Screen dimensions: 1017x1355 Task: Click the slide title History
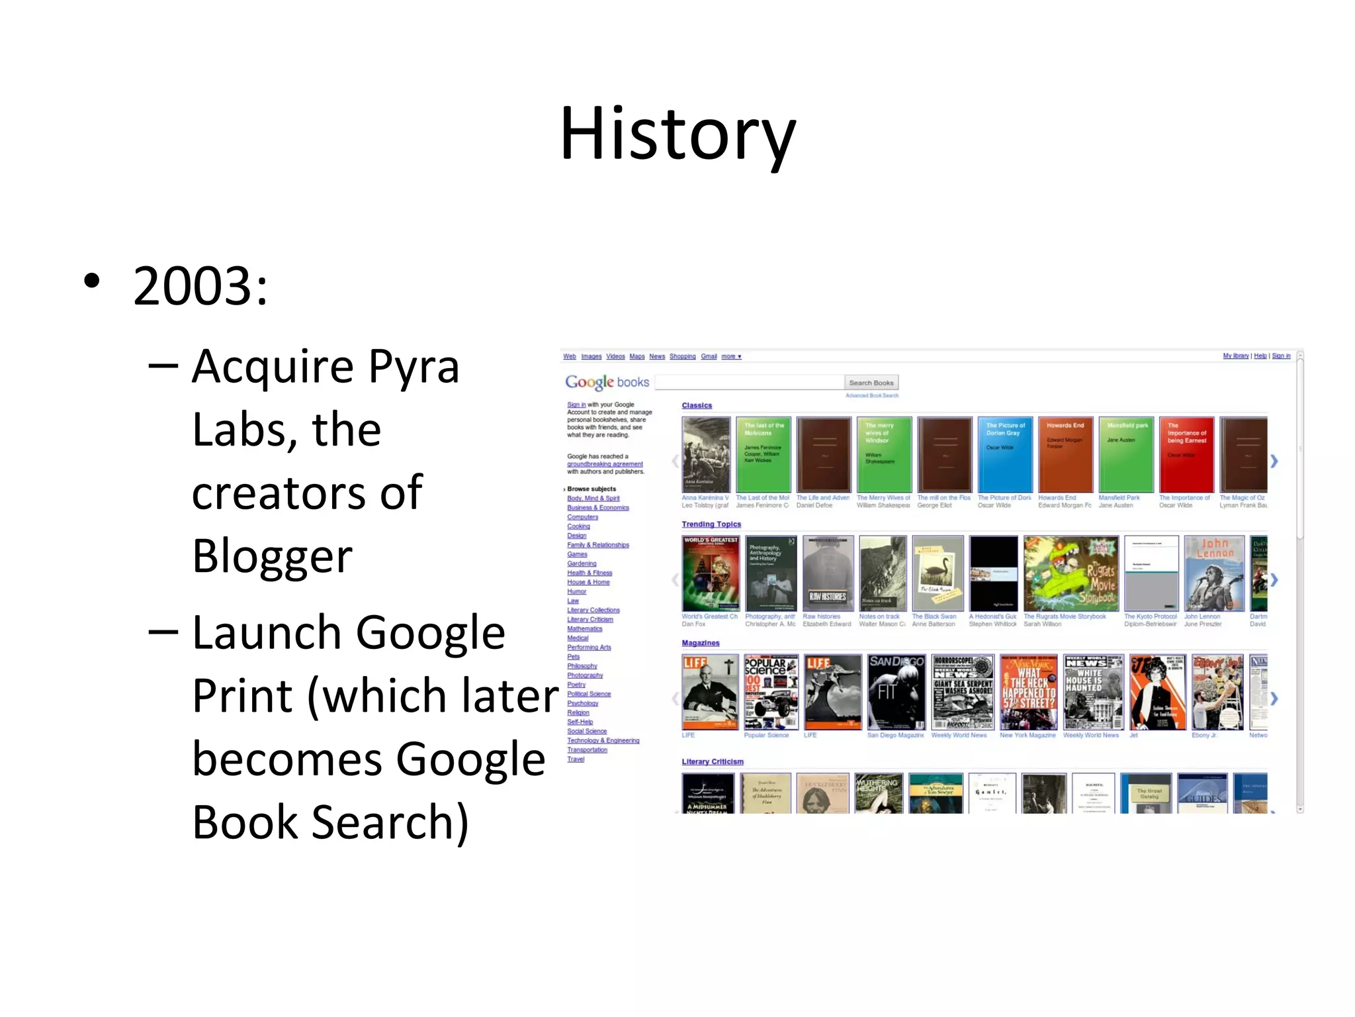(x=677, y=134)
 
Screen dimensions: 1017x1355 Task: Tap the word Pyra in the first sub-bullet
(x=414, y=366)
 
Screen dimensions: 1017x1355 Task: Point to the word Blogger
(x=272, y=556)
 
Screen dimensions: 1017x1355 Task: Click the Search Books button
(x=871, y=383)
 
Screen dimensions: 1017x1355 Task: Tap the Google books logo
(x=607, y=382)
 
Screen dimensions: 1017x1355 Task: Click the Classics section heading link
(x=697, y=405)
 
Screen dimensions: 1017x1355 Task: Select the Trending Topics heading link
(x=711, y=524)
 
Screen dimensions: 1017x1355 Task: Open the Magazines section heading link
(x=700, y=643)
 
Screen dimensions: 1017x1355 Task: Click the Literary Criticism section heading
(x=713, y=761)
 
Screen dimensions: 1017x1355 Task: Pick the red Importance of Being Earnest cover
(x=1186, y=454)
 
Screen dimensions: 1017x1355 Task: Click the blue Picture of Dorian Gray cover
(x=1004, y=454)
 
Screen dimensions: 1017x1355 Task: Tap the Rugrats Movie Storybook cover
(x=1071, y=573)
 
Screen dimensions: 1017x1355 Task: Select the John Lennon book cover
(x=1213, y=573)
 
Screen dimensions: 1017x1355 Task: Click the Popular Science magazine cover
(x=770, y=692)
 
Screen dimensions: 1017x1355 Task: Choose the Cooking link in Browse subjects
(x=578, y=526)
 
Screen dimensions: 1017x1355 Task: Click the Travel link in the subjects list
(x=576, y=759)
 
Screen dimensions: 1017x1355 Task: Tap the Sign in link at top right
(x=1281, y=356)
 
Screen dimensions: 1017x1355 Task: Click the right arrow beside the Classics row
(x=1274, y=461)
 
